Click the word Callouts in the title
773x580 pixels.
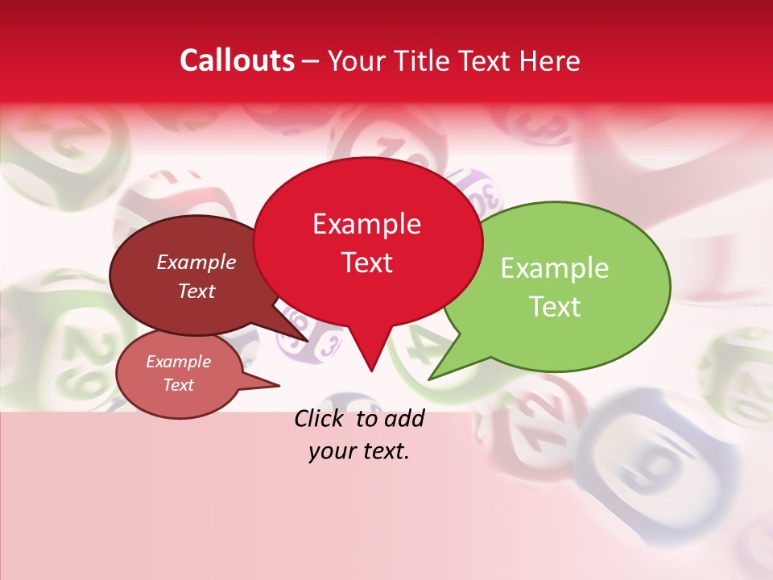coord(237,60)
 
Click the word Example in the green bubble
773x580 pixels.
coord(554,268)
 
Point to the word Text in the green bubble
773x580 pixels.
coord(554,306)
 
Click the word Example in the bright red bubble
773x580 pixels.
coord(366,224)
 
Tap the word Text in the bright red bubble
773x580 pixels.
coord(366,263)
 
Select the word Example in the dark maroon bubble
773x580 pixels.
coord(196,262)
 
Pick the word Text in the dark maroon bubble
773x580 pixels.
coord(196,291)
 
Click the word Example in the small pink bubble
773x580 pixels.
coord(178,362)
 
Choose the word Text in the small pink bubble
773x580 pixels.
coord(178,385)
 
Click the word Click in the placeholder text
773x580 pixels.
coord(321,418)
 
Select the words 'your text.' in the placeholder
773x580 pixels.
coord(359,451)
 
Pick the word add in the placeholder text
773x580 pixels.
coord(405,418)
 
